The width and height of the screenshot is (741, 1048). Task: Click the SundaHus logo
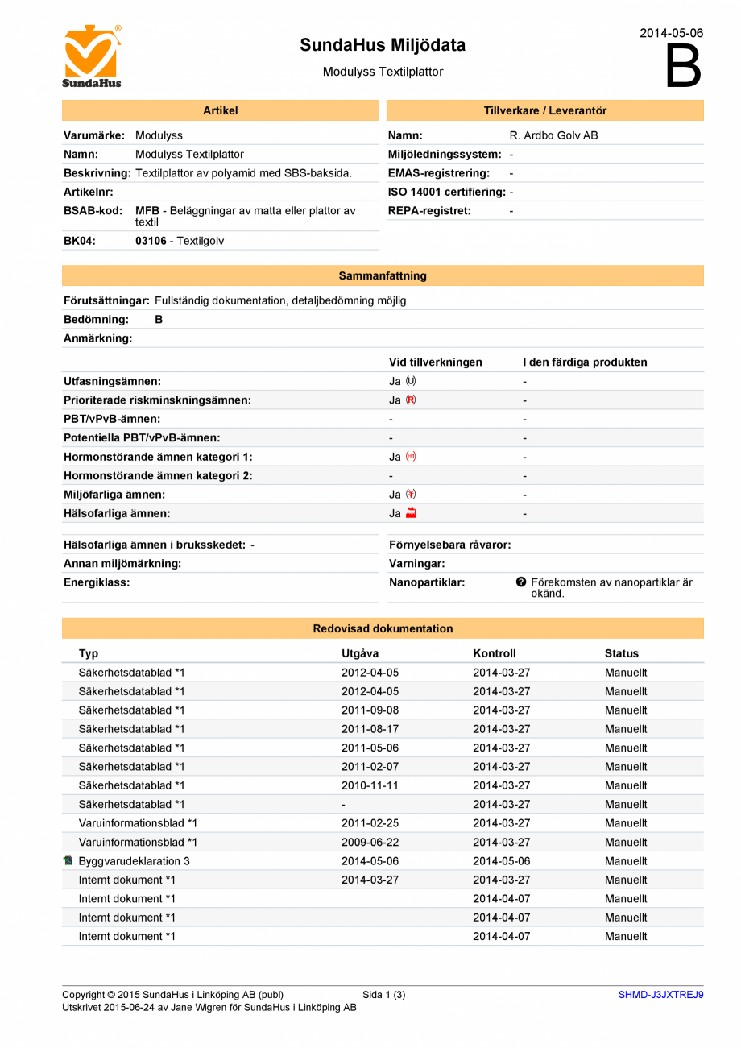click(x=92, y=56)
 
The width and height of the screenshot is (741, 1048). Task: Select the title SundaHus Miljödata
click(x=383, y=45)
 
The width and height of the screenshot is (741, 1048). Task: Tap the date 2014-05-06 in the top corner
click(x=671, y=33)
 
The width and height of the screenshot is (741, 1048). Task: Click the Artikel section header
click(x=220, y=110)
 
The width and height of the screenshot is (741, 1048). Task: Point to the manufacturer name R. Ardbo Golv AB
click(x=553, y=135)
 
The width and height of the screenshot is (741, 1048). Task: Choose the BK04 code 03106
click(x=151, y=240)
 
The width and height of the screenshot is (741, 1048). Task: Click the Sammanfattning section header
click(x=383, y=275)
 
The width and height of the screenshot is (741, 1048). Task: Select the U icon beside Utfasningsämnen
click(x=411, y=381)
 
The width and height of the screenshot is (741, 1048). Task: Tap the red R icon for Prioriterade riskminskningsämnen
click(x=411, y=400)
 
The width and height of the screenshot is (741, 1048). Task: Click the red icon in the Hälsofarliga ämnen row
click(x=411, y=513)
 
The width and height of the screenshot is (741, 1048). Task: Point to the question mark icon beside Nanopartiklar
click(x=521, y=582)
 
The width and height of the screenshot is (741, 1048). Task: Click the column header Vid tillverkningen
click(x=435, y=362)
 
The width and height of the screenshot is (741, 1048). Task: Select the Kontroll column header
click(x=494, y=653)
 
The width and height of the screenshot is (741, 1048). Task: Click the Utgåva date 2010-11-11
click(x=370, y=785)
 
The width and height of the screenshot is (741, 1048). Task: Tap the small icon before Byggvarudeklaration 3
click(x=68, y=861)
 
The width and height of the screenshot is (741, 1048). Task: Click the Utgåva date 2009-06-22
click(x=370, y=842)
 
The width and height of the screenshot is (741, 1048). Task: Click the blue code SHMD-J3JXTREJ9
click(x=660, y=995)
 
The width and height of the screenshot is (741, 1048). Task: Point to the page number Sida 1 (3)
click(x=384, y=995)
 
